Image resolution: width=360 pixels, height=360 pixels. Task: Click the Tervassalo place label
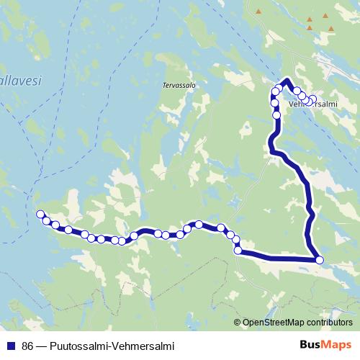tap(179, 83)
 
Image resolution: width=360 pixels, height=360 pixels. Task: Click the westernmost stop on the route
tap(40, 213)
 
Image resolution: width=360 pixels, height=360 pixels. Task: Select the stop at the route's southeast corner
tap(320, 260)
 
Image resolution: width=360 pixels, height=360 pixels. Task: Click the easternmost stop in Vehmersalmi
tap(312, 99)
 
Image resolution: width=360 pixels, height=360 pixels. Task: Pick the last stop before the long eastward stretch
tap(238, 250)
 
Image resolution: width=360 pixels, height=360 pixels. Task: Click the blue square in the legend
tap(10, 345)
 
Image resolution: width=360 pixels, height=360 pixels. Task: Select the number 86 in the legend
tap(28, 345)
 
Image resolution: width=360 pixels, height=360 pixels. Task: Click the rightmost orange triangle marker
tap(330, 28)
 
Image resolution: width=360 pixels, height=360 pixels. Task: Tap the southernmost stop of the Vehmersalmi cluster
tap(276, 115)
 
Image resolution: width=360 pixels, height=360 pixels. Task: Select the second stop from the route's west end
tap(46, 220)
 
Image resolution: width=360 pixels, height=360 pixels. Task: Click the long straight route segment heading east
tap(277, 256)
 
